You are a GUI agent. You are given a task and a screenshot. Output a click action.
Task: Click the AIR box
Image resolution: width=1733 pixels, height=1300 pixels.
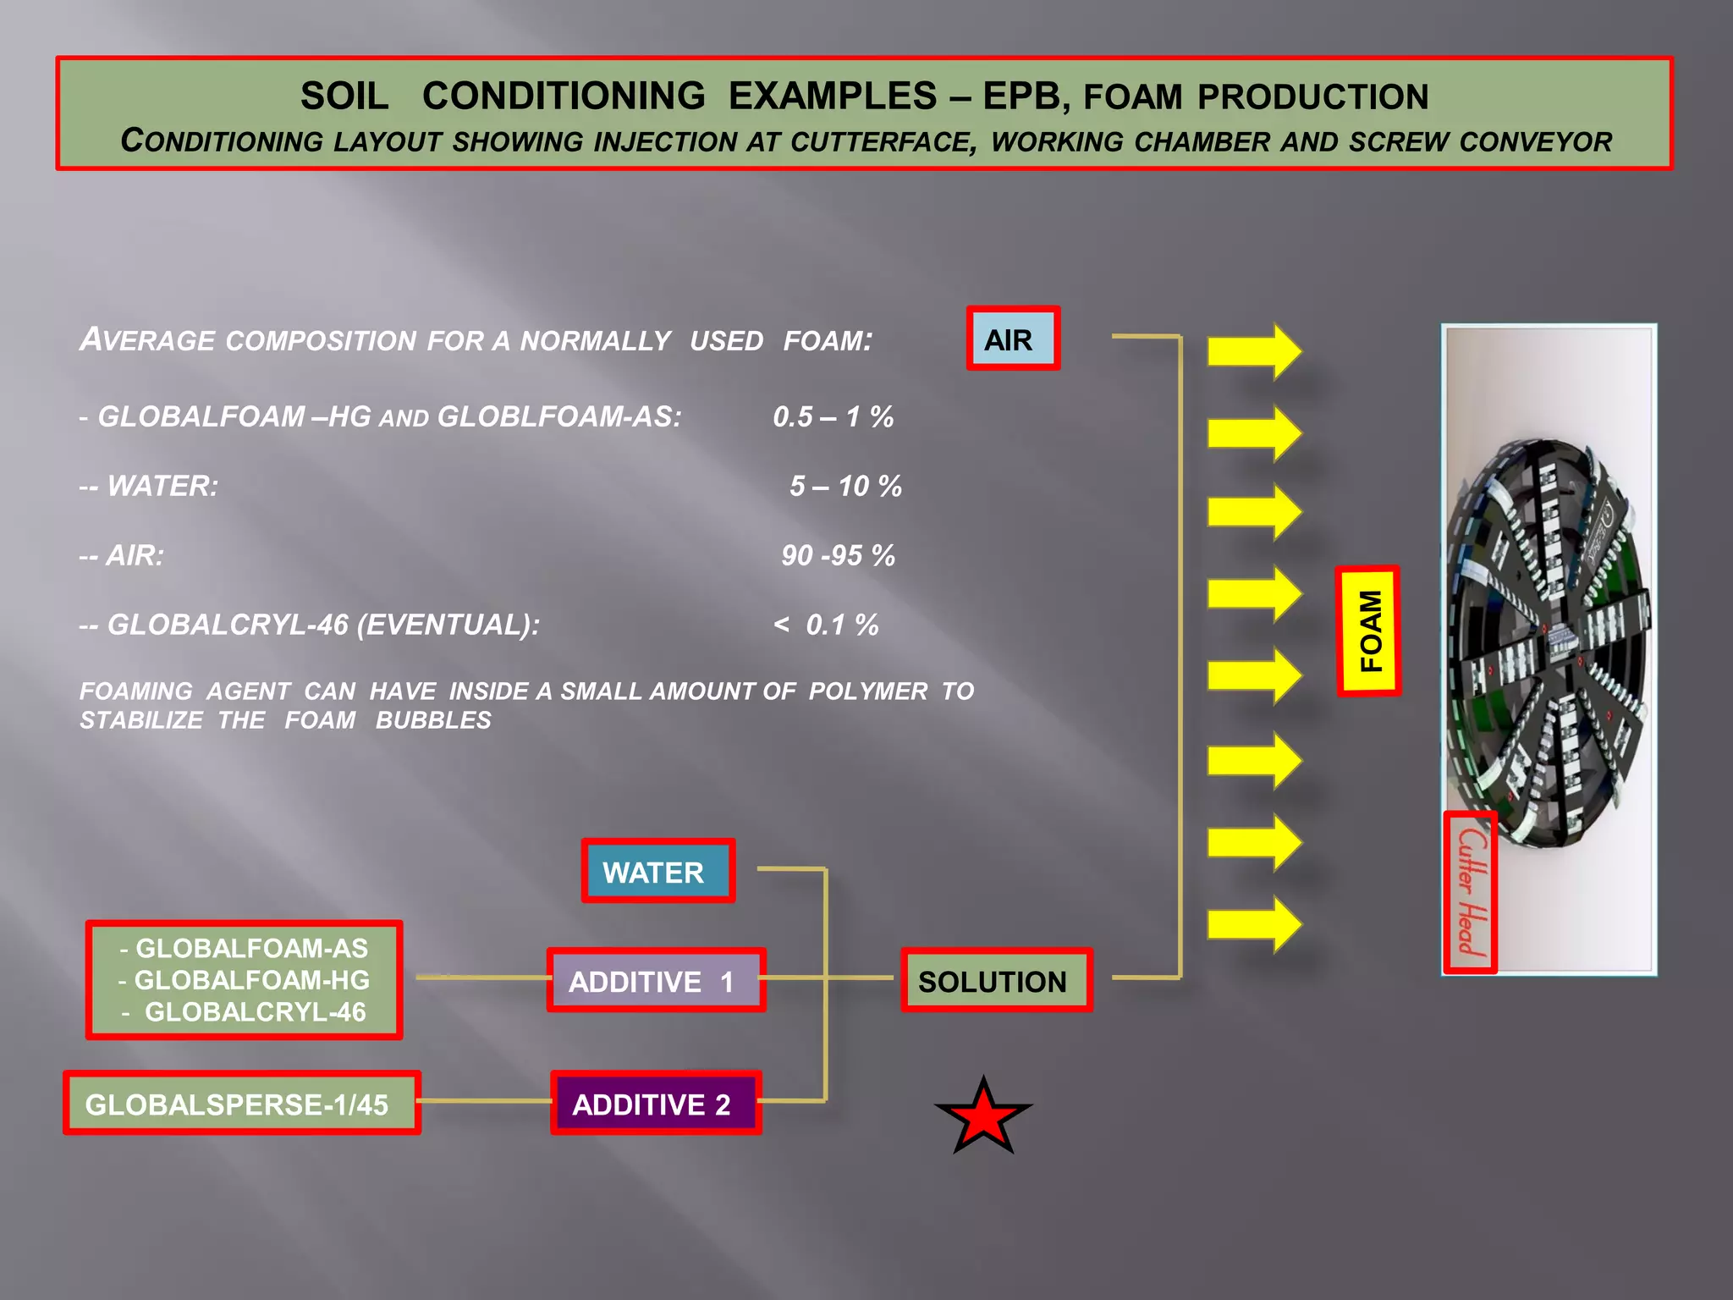pyautogui.click(x=1013, y=339)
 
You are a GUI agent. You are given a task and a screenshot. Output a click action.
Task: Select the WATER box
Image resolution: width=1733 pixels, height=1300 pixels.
pyautogui.click(x=657, y=871)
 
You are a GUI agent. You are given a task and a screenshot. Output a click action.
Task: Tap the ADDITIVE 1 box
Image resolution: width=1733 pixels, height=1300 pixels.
pyautogui.click(x=656, y=980)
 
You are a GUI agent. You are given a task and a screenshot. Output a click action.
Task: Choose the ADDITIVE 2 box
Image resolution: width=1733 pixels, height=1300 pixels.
pyautogui.click(x=656, y=1103)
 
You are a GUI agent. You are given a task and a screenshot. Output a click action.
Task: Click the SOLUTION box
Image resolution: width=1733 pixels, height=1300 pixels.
pyautogui.click(x=996, y=980)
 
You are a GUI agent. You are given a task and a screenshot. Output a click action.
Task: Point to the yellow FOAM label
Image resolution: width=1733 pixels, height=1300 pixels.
pyautogui.click(x=1368, y=631)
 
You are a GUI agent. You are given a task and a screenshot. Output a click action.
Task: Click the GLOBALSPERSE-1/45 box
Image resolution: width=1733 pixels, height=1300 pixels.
pyautogui.click(x=241, y=1103)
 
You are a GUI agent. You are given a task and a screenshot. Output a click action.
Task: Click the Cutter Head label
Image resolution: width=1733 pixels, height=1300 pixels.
pyautogui.click(x=1471, y=893)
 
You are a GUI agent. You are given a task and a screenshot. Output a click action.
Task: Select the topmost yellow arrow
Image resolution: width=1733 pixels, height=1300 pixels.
pyautogui.click(x=1253, y=350)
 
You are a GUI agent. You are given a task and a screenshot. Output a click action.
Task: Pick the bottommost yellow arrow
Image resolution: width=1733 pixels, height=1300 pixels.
pyautogui.click(x=1253, y=924)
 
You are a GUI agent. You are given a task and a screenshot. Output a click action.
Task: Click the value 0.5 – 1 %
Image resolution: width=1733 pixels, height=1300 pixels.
pyautogui.click(x=833, y=416)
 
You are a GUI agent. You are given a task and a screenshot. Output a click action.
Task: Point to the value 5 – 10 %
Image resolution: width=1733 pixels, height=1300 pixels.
pyautogui.click(x=845, y=486)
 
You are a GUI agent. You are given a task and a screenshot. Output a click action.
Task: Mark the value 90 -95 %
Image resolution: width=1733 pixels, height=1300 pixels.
pyautogui.click(x=838, y=555)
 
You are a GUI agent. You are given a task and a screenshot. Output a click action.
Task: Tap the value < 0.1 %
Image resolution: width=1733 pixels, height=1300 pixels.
pyautogui.click(x=826, y=625)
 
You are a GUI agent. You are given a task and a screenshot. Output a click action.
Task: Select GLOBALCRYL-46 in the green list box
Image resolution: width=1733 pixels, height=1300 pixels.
pyautogui.click(x=255, y=1011)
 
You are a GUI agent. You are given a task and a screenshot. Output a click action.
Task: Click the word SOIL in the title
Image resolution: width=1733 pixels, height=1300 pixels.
pyautogui.click(x=344, y=96)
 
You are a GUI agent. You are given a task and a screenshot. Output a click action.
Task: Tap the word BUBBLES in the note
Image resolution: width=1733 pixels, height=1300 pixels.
pyautogui.click(x=433, y=720)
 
